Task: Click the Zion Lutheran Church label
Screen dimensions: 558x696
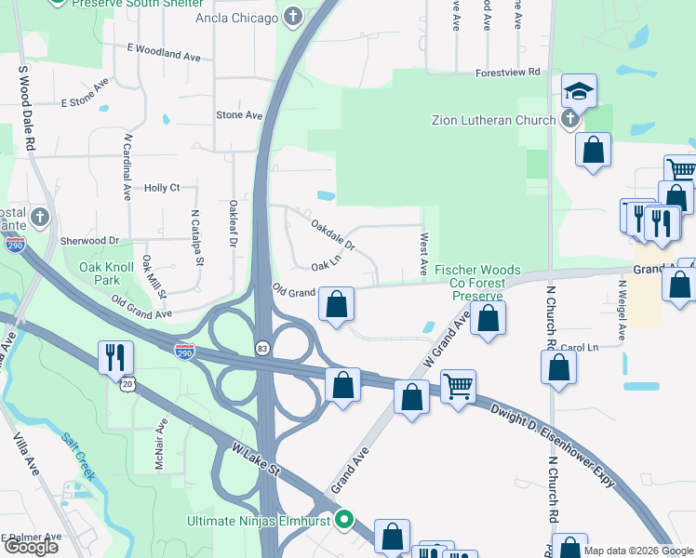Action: (493, 120)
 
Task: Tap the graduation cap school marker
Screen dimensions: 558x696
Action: (579, 91)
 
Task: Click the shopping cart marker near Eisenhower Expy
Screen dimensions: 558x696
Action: (458, 385)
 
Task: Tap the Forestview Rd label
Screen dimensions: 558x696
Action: (507, 72)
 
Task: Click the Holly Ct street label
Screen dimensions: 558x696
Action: (162, 188)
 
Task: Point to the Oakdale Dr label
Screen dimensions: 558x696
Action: (333, 234)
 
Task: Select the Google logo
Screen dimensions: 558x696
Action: (31, 546)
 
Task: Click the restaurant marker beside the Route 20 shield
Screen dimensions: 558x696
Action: (115, 355)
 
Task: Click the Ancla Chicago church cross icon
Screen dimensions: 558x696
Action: (293, 18)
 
